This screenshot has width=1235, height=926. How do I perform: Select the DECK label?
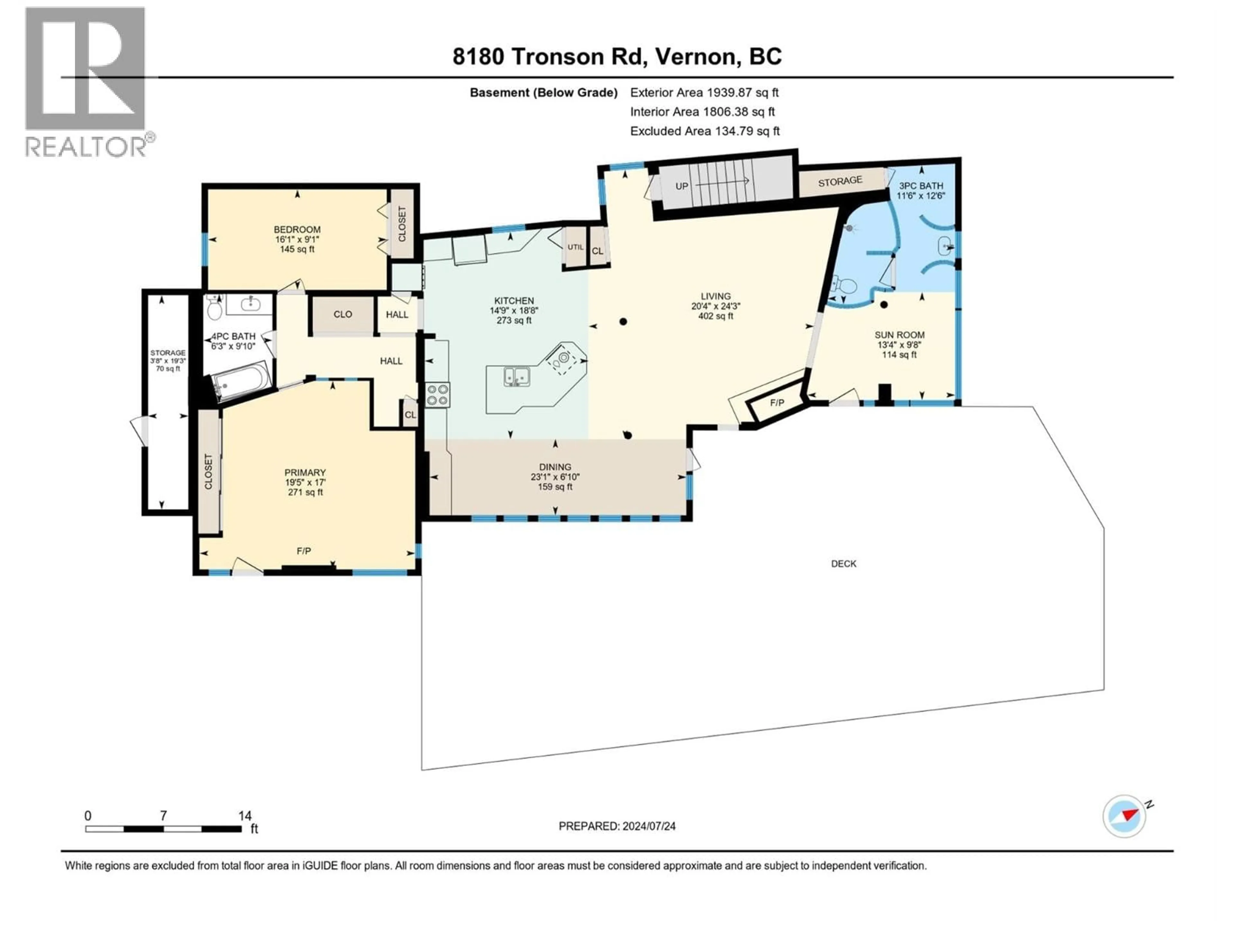tap(843, 564)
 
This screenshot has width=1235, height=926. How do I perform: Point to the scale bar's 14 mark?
tap(244, 816)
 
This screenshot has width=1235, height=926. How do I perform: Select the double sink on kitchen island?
tap(517, 376)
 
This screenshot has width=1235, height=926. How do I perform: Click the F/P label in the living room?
tap(777, 403)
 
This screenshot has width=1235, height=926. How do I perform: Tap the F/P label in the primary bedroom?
tap(304, 551)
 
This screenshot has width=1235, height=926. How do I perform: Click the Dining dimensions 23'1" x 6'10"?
tap(555, 477)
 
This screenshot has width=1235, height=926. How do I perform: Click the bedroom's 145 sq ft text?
tap(297, 249)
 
